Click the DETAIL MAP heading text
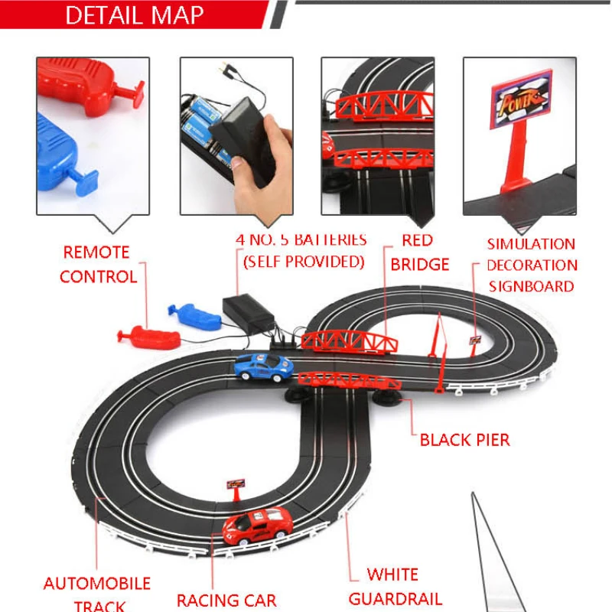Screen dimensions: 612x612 click(x=134, y=15)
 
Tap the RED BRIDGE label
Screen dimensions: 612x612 click(x=419, y=252)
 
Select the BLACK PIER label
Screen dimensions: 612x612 click(x=464, y=440)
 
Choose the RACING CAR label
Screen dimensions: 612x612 click(x=226, y=601)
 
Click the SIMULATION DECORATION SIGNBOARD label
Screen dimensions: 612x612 click(x=532, y=265)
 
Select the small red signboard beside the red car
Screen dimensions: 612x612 click(x=236, y=485)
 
